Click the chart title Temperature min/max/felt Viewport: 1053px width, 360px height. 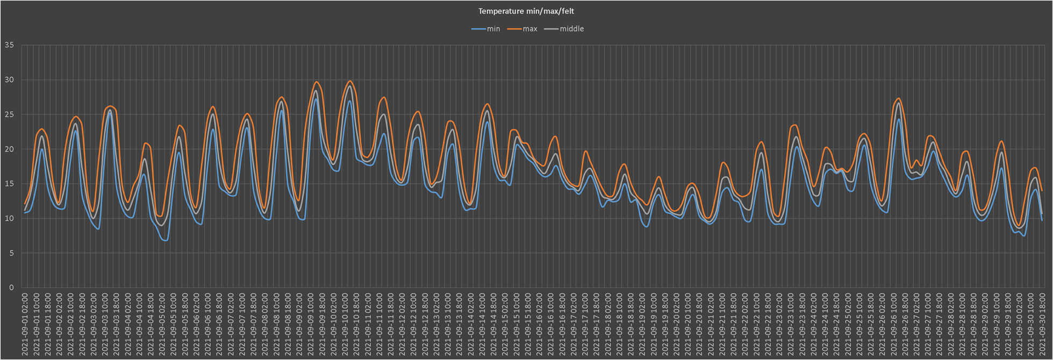click(x=526, y=11)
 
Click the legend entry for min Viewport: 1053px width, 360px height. click(x=493, y=29)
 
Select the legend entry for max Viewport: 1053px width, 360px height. click(x=529, y=29)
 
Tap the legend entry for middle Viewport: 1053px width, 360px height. click(x=571, y=29)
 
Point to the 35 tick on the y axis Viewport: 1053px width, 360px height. click(x=9, y=45)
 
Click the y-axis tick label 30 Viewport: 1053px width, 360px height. click(x=9, y=80)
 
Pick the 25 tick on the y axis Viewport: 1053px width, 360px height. click(x=9, y=114)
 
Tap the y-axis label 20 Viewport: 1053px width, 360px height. click(x=9, y=149)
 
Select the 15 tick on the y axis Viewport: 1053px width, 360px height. click(x=9, y=184)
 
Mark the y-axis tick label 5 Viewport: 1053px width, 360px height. click(x=11, y=253)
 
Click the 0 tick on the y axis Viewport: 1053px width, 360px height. click(x=11, y=287)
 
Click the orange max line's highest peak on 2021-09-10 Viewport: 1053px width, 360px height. click(x=350, y=81)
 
